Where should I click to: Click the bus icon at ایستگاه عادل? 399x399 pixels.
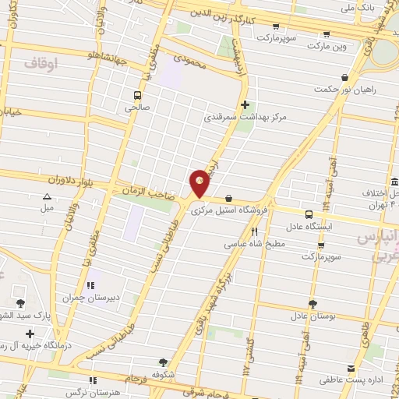[309, 214]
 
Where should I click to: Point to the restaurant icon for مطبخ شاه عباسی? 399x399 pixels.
[254, 231]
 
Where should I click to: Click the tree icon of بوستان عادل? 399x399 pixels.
[312, 304]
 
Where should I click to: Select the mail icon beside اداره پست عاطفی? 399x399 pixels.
[351, 368]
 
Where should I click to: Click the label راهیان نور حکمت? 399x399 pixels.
[345, 89]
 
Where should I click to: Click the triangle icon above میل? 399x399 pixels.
[48, 197]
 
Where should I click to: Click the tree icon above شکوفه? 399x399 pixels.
[163, 362]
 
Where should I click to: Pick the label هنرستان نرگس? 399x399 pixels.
[118, 392]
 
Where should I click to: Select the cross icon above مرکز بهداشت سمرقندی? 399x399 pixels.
[245, 104]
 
